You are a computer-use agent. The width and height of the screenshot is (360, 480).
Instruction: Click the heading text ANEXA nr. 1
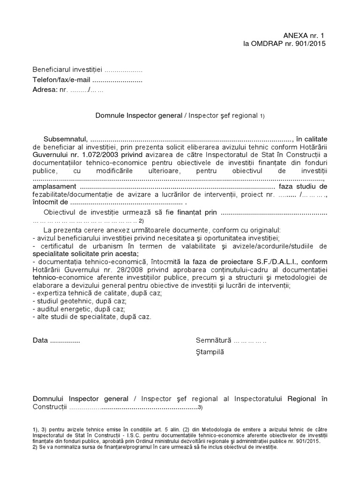click(x=303, y=36)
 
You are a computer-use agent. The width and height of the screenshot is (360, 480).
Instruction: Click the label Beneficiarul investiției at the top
click(x=67, y=70)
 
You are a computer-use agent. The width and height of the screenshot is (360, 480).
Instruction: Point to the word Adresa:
click(x=45, y=90)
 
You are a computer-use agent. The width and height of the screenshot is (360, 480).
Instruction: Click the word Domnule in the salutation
click(x=110, y=115)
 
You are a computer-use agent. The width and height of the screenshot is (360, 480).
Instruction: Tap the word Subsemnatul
click(x=65, y=139)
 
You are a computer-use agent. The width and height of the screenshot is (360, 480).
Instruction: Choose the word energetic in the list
click(x=71, y=309)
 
